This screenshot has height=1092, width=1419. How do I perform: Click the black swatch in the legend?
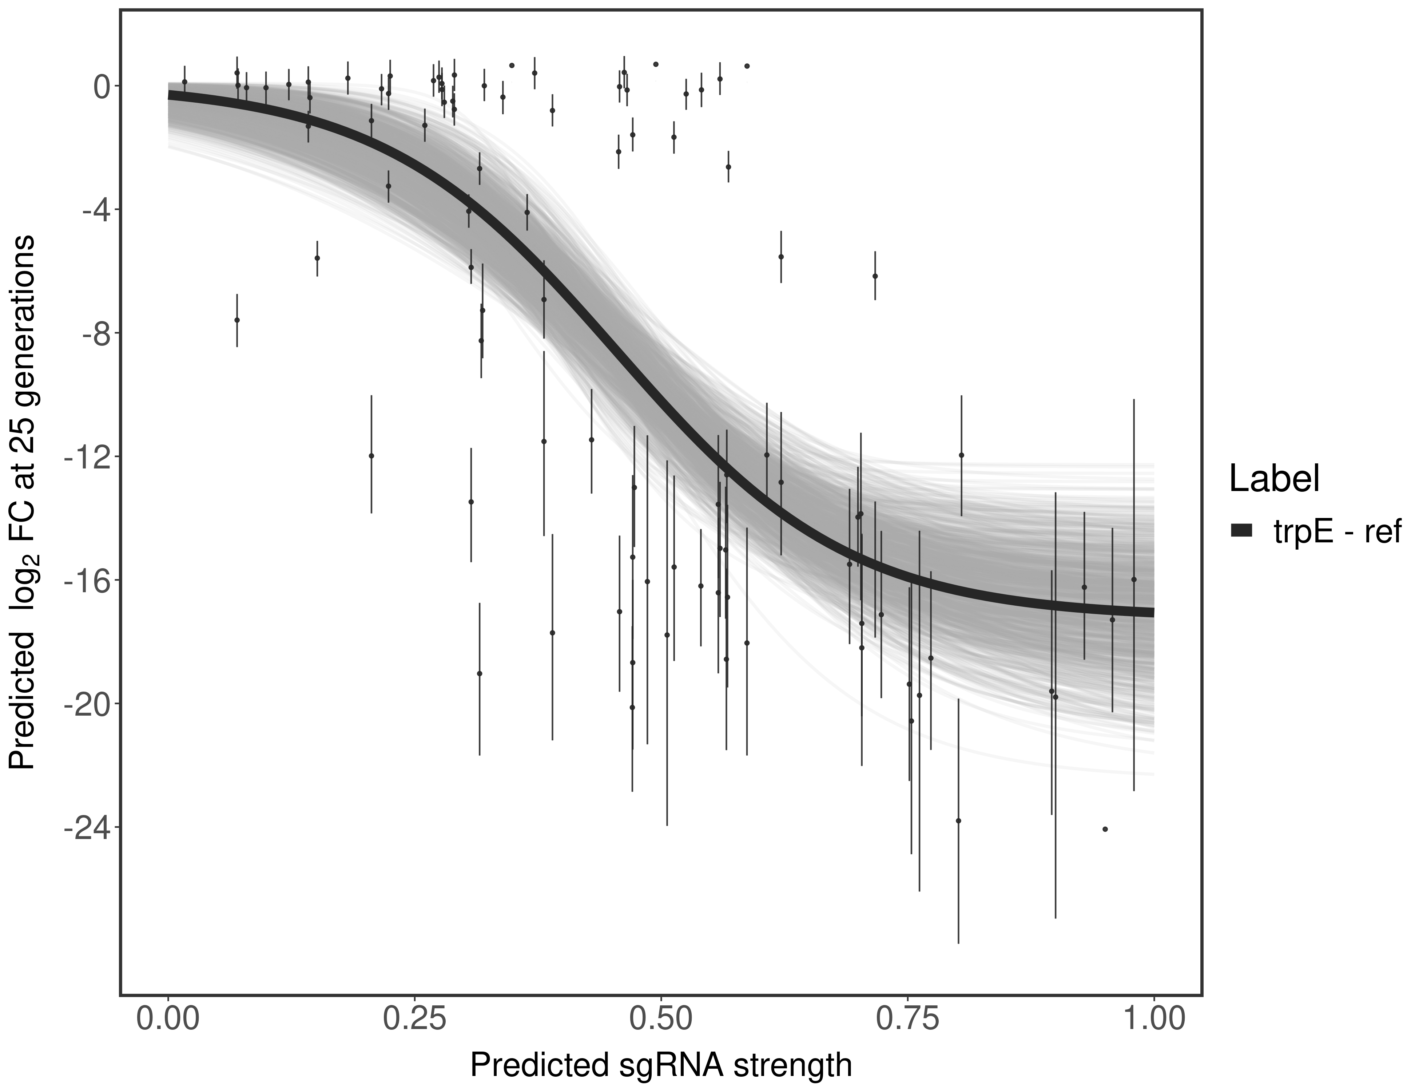(1241, 531)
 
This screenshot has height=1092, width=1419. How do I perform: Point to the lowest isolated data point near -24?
(1105, 829)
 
